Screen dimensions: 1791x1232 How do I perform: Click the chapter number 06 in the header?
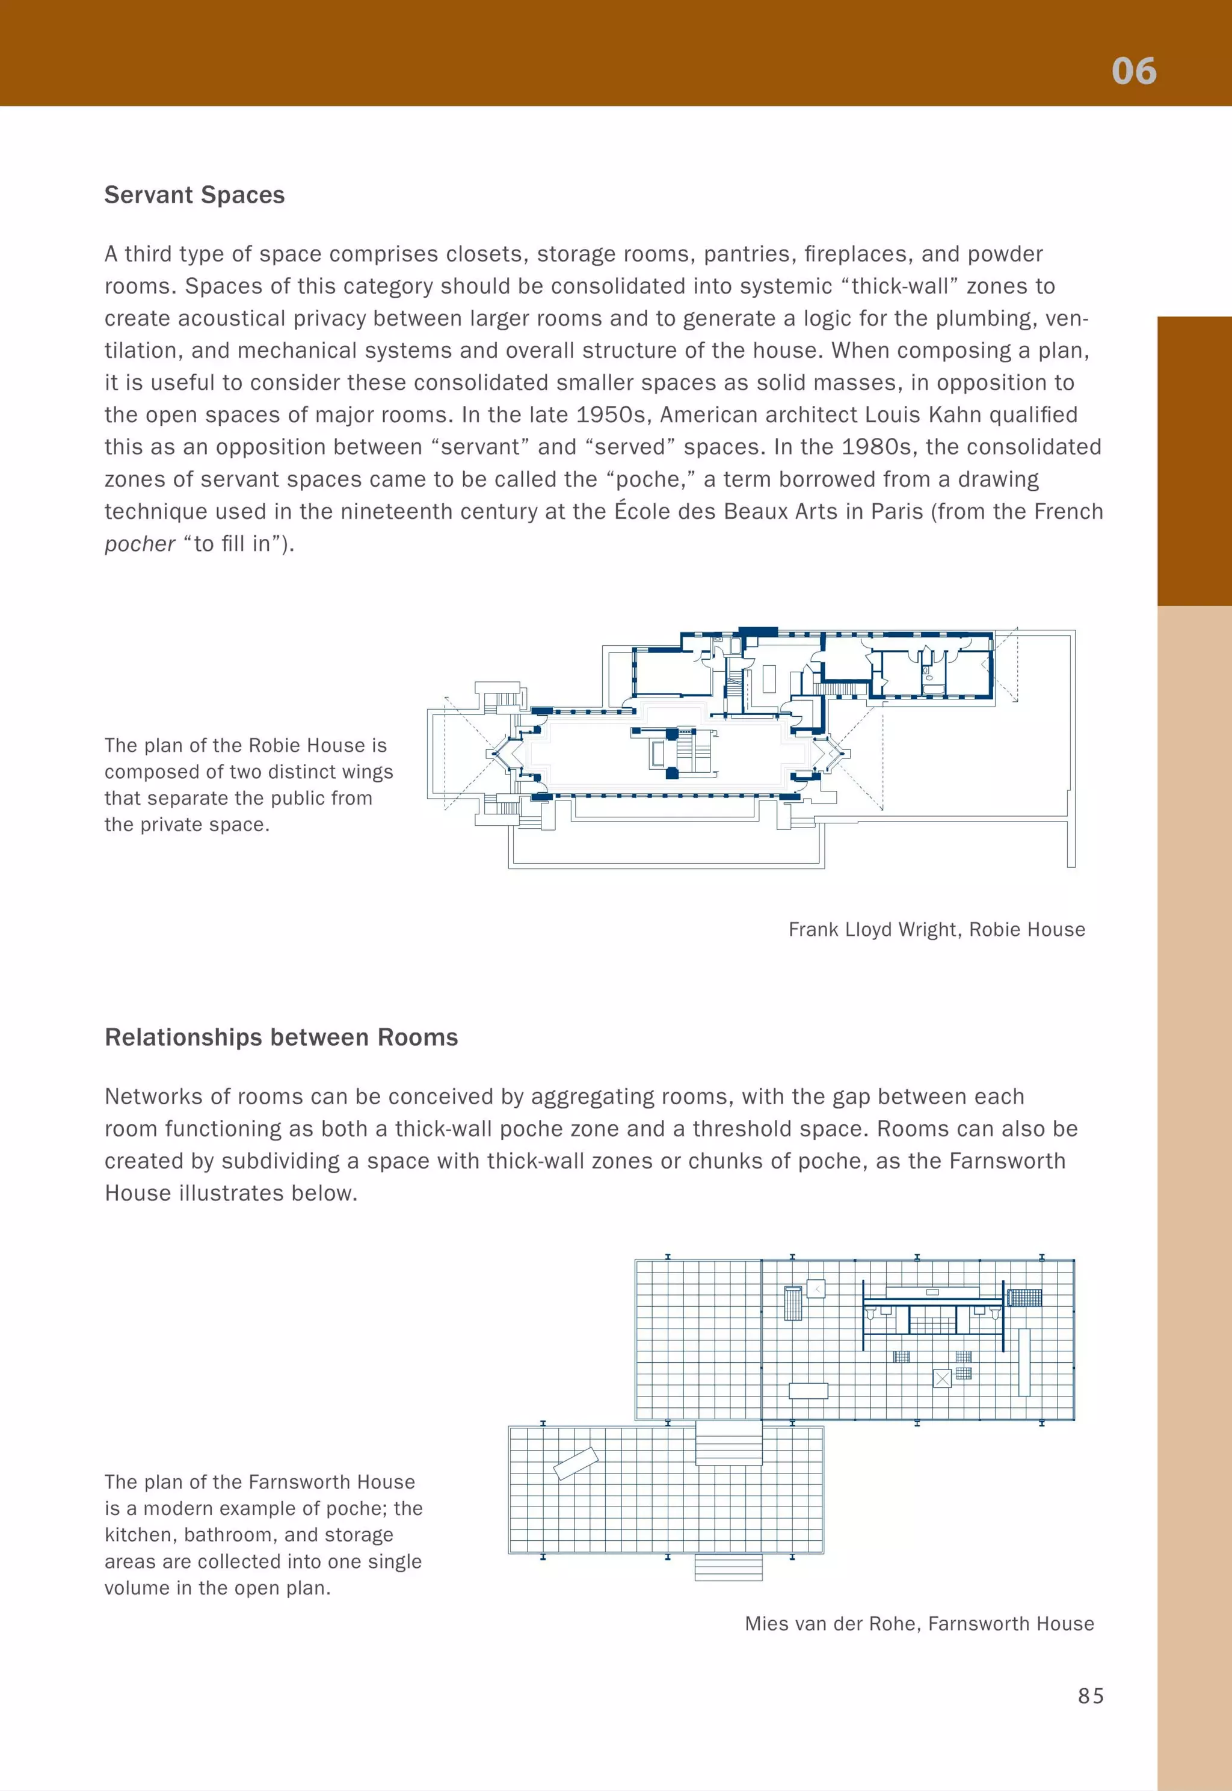1133,71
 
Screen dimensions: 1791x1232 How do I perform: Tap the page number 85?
1090,1695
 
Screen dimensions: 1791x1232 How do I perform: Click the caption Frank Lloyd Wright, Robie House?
937,929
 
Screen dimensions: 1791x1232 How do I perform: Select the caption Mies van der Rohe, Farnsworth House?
919,1624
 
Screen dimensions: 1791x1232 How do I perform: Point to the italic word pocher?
140,544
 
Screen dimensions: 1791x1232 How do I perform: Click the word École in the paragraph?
642,512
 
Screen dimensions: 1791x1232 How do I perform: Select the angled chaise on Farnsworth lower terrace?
576,1463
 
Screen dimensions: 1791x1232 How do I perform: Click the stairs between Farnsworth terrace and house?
728,1443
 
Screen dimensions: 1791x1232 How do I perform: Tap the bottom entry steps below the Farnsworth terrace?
728,1567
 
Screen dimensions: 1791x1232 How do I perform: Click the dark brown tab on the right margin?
1194,461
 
